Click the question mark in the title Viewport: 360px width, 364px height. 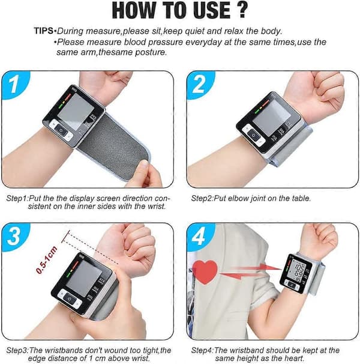point(242,10)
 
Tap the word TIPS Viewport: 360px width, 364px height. point(44,31)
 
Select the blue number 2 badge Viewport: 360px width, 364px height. point(200,84)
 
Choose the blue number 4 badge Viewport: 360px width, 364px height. point(200,236)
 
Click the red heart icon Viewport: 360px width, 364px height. point(205,271)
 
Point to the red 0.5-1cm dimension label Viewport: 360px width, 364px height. point(46,259)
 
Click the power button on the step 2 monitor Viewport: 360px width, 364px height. point(254,135)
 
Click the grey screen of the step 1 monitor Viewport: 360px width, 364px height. point(76,112)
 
